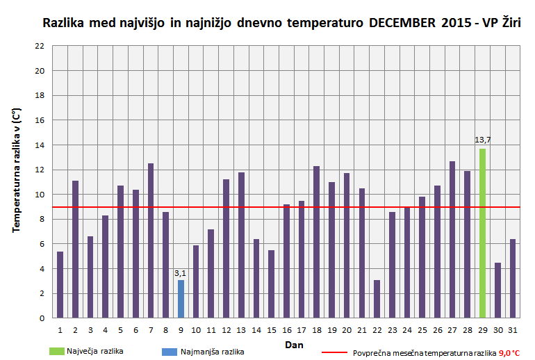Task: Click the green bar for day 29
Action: click(x=482, y=234)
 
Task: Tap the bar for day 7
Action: click(x=151, y=240)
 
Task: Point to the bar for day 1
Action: click(x=60, y=285)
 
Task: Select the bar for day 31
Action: click(x=513, y=279)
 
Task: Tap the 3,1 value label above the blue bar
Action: click(x=181, y=272)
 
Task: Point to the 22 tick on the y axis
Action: click(x=40, y=46)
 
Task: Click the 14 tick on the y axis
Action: click(x=40, y=145)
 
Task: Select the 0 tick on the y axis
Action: click(x=42, y=318)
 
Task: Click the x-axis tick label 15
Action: click(x=272, y=329)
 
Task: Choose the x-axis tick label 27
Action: click(x=452, y=329)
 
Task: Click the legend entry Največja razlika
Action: click(x=99, y=352)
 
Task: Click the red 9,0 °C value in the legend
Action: click(x=510, y=353)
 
